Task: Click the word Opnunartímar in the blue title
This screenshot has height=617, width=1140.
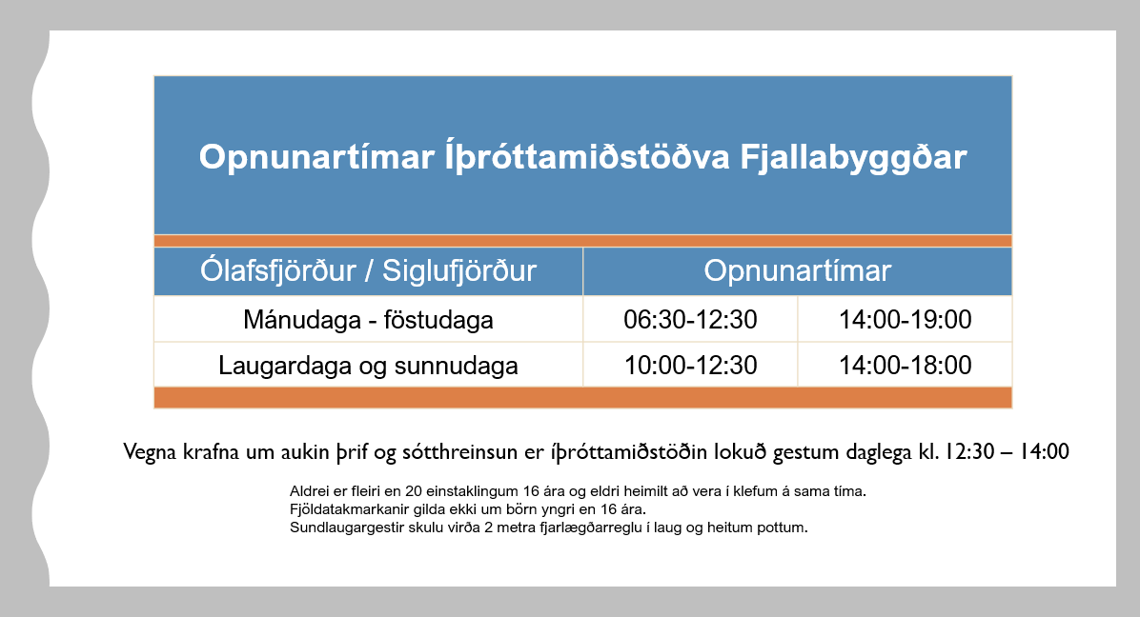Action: pos(317,157)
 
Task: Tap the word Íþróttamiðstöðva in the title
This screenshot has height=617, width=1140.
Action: pos(587,157)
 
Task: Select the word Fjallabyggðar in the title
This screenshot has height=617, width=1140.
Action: pos(853,157)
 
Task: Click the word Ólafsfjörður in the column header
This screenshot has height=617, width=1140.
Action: pos(278,270)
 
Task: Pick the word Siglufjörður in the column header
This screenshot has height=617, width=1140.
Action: pos(459,270)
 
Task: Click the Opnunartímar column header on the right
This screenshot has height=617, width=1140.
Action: pos(798,271)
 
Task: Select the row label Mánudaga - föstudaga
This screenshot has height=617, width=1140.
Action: pos(368,319)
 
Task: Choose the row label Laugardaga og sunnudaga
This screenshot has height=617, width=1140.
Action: pos(368,366)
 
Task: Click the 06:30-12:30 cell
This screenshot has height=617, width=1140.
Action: pos(691,319)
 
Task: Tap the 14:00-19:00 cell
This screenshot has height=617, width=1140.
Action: pos(906,319)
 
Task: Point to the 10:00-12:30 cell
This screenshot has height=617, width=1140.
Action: pos(691,365)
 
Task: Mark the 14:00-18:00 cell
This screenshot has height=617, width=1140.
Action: pos(906,365)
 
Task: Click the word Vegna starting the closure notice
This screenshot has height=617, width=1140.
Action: pos(150,452)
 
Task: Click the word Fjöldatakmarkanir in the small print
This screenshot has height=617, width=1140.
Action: pos(345,509)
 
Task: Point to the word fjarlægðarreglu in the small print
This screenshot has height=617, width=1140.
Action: pos(590,527)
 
